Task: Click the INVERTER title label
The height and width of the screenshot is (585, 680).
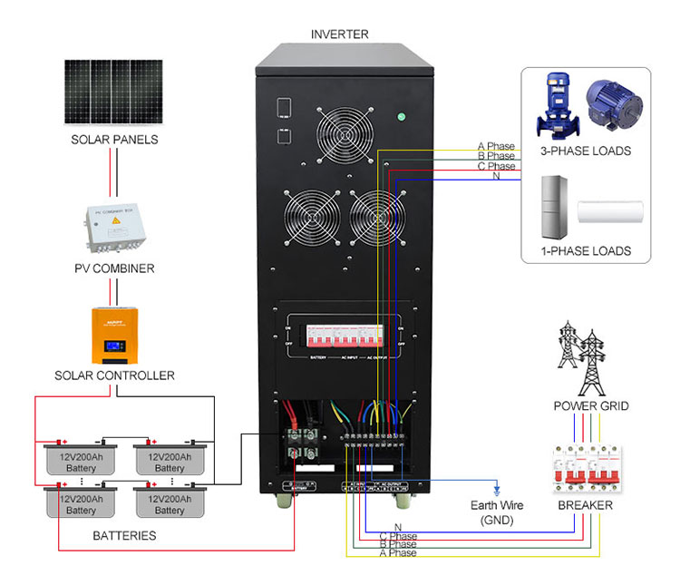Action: (340, 34)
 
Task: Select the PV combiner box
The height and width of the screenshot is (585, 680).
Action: (114, 228)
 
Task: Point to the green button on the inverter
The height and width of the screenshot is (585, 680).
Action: (401, 116)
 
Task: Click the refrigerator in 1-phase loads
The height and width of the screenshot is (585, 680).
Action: (553, 206)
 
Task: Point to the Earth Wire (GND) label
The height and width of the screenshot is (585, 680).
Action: (495, 512)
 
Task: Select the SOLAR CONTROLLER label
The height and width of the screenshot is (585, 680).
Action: (114, 375)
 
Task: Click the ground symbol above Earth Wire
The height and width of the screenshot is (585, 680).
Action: (496, 488)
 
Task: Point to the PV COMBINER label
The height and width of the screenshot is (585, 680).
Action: (114, 268)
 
